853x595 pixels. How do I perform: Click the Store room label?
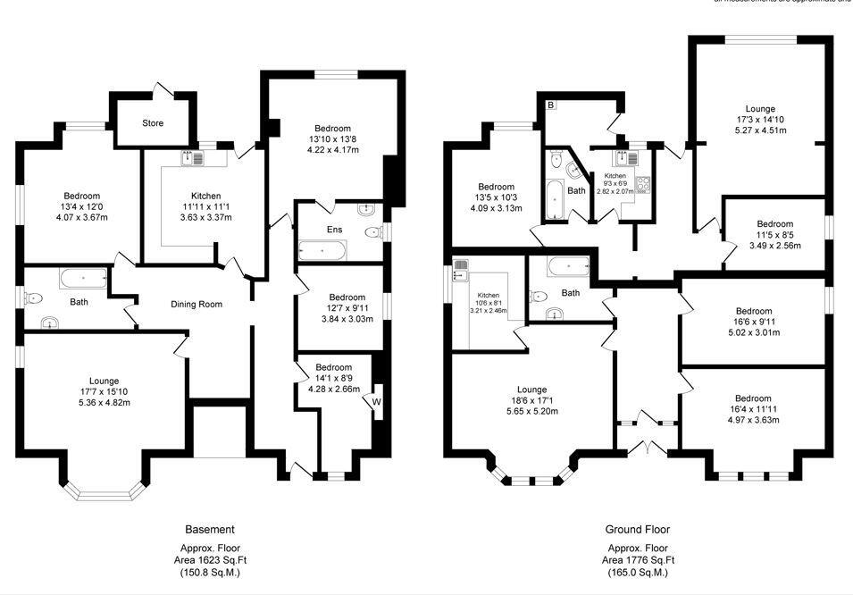153,123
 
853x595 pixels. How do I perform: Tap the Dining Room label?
197,305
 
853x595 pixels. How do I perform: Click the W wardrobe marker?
376,402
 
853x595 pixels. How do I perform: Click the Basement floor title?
210,530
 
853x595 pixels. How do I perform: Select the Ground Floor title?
638,530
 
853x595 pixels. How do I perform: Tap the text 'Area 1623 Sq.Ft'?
210,560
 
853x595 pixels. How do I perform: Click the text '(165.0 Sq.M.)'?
638,573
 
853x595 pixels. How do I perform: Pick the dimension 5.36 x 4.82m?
104,402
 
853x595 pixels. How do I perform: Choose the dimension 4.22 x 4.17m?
330,150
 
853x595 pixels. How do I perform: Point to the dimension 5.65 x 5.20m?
531,412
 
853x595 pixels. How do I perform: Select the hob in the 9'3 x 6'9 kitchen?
642,185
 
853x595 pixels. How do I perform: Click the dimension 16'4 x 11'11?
753,409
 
